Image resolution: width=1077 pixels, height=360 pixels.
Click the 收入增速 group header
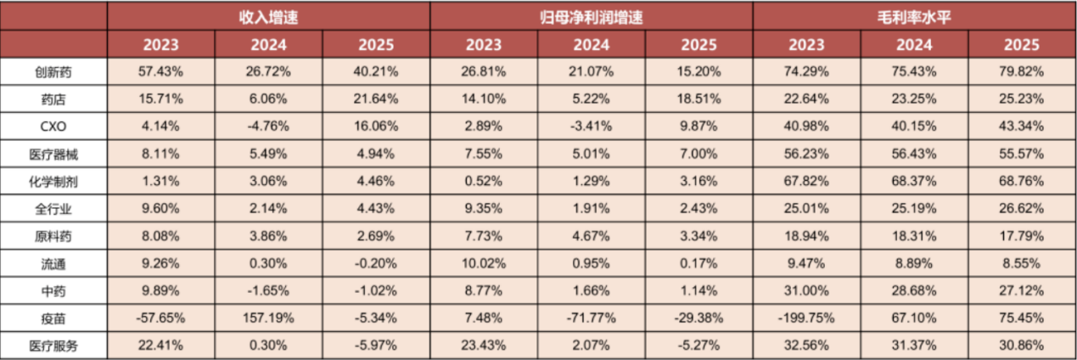[269, 17]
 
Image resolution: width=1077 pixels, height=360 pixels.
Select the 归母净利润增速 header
[591, 17]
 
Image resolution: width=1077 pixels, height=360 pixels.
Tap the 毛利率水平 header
[914, 17]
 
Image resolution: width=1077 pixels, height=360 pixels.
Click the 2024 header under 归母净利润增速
[592, 45]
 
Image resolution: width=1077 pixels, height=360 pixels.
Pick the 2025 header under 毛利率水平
[1022, 45]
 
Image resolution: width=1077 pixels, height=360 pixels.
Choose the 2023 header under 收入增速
[160, 45]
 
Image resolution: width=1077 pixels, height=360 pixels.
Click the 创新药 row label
[53, 72]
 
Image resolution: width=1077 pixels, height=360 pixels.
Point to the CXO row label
[53, 127]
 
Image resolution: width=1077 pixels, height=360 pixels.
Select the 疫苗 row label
[53, 318]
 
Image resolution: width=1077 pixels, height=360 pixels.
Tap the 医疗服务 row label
[53, 346]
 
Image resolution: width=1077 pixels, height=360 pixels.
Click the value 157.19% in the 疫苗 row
[268, 318]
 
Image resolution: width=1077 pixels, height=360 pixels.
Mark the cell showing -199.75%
[806, 318]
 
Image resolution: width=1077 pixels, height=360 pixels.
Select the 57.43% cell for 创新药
[160, 71]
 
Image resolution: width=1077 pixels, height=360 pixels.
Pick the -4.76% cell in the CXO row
[268, 127]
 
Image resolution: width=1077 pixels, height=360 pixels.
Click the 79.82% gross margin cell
[1021, 71]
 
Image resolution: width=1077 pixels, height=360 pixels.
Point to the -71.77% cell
[591, 318]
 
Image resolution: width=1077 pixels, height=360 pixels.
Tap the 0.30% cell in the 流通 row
[268, 263]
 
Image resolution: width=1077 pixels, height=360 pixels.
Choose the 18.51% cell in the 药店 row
[698, 98]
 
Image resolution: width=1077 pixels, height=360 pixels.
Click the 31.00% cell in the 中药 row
[806, 290]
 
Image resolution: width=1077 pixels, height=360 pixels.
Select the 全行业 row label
[53, 209]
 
